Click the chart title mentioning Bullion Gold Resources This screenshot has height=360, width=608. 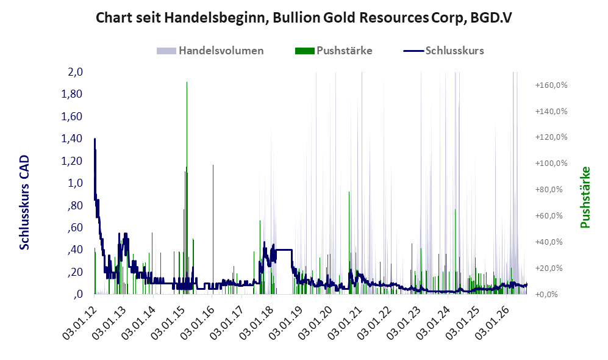pos(304,18)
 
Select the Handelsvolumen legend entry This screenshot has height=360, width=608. pos(210,51)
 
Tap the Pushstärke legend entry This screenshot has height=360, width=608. pos(334,51)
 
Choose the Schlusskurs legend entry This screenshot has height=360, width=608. pos(443,51)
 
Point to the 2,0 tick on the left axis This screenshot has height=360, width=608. pos(75,72)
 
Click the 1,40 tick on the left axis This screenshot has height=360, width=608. pos(72,139)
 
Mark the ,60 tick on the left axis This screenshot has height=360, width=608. pos(75,228)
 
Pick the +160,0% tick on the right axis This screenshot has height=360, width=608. pos(551,85)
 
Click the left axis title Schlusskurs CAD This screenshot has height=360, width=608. pos(24,202)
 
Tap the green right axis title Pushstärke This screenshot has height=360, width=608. pos(585,197)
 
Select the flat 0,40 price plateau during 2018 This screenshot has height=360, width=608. pos(284,250)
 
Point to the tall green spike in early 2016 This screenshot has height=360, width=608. pos(213,229)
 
